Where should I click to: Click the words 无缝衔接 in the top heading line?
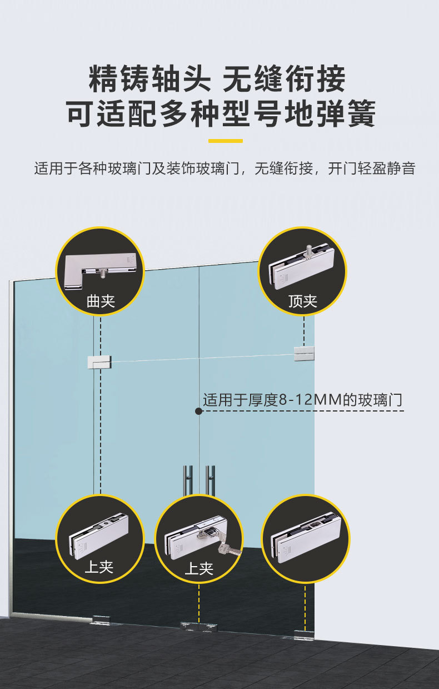pyautogui.click(x=284, y=79)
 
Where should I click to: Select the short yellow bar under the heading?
pyautogui.click(x=225, y=141)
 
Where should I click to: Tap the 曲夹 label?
pyautogui.click(x=101, y=301)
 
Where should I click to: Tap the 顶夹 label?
pyautogui.click(x=303, y=301)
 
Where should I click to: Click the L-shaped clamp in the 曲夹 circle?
pyautogui.click(x=100, y=271)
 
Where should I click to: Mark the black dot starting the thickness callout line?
pyautogui.click(x=198, y=411)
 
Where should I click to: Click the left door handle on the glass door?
pyautogui.click(x=188, y=479)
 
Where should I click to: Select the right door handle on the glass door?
pyautogui.click(x=210, y=479)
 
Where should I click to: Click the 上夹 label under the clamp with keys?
pyautogui.click(x=198, y=568)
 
